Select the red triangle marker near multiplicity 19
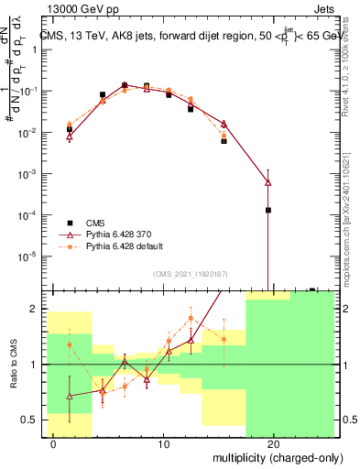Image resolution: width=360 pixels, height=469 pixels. (267, 182)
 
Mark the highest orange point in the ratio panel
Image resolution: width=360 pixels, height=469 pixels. (191, 318)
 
